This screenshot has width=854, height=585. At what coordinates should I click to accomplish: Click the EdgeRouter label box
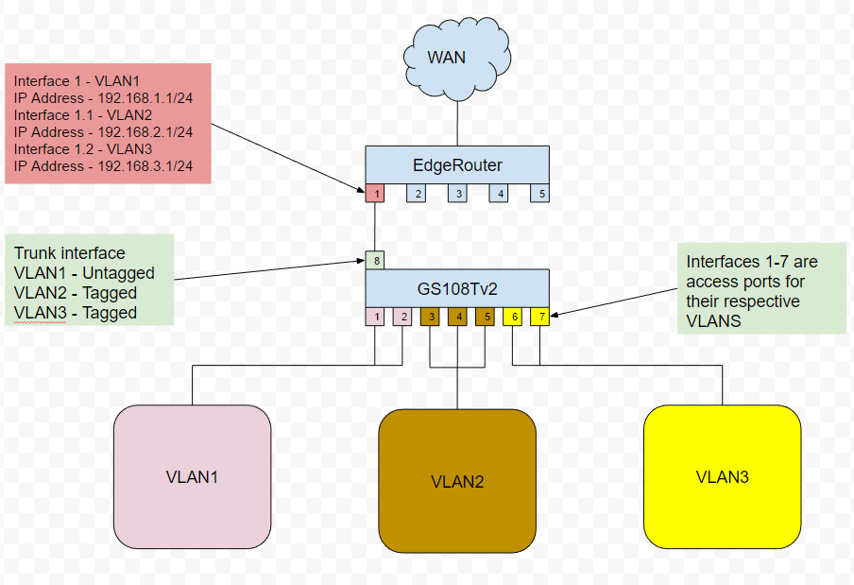(457, 164)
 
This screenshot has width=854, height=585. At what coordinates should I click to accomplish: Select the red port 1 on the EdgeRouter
(375, 194)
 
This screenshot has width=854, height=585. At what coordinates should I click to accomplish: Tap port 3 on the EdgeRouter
(457, 194)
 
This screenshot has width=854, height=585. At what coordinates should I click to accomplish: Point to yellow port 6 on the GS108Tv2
(513, 317)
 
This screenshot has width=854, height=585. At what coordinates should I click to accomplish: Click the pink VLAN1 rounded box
(192, 476)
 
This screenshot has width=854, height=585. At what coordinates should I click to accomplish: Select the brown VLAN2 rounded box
(457, 480)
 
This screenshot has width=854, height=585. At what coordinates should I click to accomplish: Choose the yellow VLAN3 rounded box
(722, 476)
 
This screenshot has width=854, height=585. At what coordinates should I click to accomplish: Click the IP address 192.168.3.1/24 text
(104, 166)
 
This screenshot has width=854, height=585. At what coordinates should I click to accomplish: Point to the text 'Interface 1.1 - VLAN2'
(83, 115)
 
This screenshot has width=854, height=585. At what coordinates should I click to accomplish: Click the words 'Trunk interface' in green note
(69, 253)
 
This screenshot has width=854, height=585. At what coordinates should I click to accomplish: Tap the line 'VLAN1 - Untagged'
(84, 273)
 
